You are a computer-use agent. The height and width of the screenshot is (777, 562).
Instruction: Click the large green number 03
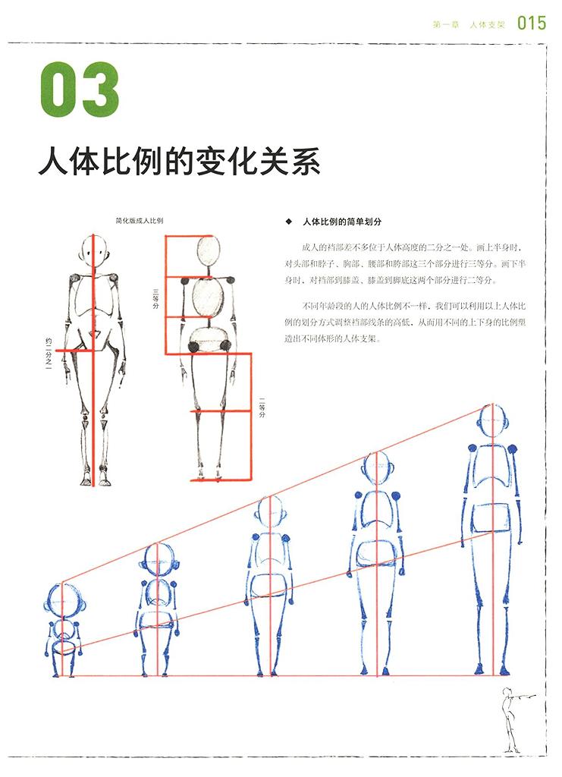80,90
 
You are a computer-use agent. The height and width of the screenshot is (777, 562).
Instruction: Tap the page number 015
532,23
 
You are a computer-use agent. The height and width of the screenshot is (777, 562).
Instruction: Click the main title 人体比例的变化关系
179,160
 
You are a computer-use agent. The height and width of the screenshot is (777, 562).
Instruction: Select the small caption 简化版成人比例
139,221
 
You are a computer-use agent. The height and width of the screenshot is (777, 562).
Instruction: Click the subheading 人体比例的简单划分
342,222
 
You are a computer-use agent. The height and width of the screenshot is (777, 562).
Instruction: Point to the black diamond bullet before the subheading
289,222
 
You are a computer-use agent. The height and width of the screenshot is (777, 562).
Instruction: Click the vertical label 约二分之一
49,354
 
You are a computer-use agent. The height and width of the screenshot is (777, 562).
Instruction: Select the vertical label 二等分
262,407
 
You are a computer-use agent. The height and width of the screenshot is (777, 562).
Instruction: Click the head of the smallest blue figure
63,601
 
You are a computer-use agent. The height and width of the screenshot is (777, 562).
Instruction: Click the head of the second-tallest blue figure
378,469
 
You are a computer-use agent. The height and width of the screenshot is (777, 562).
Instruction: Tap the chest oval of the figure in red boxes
208,299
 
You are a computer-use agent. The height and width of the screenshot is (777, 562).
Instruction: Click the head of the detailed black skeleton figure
93,252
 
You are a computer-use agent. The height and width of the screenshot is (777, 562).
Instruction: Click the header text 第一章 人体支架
469,24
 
